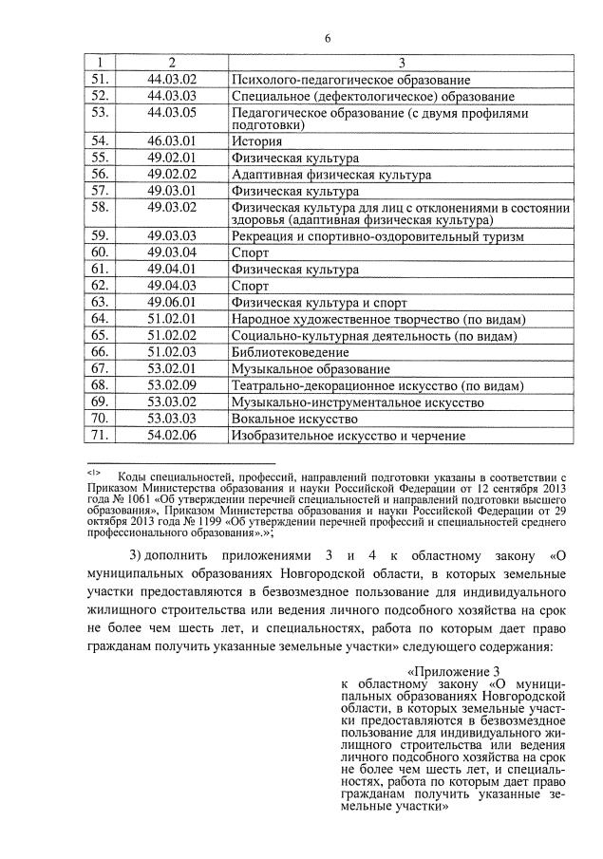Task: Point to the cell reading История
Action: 256,141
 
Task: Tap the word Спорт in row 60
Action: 251,253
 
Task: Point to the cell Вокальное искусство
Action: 293,419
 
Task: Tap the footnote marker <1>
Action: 93,471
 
